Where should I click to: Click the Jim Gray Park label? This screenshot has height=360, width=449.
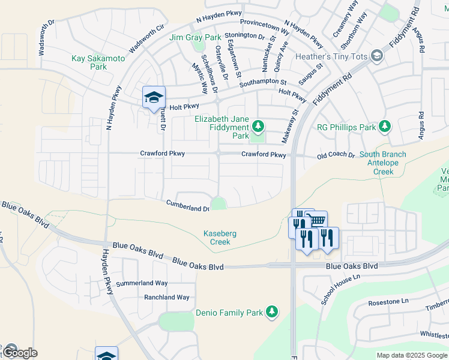pyautogui.click(x=195, y=37)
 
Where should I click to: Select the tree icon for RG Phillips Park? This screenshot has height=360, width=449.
pyautogui.click(x=384, y=127)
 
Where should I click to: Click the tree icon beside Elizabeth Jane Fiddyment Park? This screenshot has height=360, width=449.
pyautogui.click(x=258, y=126)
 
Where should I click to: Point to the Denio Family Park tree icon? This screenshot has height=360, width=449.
pyautogui.click(x=272, y=312)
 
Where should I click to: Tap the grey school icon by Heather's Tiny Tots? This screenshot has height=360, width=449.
pyautogui.click(x=377, y=56)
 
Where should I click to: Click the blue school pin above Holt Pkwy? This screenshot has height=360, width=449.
pyautogui.click(x=154, y=97)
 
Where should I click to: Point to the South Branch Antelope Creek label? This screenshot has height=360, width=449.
pyautogui.click(x=383, y=163)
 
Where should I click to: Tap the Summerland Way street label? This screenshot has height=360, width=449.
pyautogui.click(x=142, y=283)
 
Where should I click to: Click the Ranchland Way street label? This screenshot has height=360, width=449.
pyautogui.click(x=166, y=297)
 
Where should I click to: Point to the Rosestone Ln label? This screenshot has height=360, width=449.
pyautogui.click(x=388, y=301)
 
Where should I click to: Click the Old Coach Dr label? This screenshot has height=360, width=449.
pyautogui.click(x=336, y=155)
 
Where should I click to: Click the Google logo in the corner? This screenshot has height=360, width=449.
pyautogui.click(x=19, y=353)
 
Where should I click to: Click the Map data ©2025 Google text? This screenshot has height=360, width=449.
pyautogui.click(x=412, y=355)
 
